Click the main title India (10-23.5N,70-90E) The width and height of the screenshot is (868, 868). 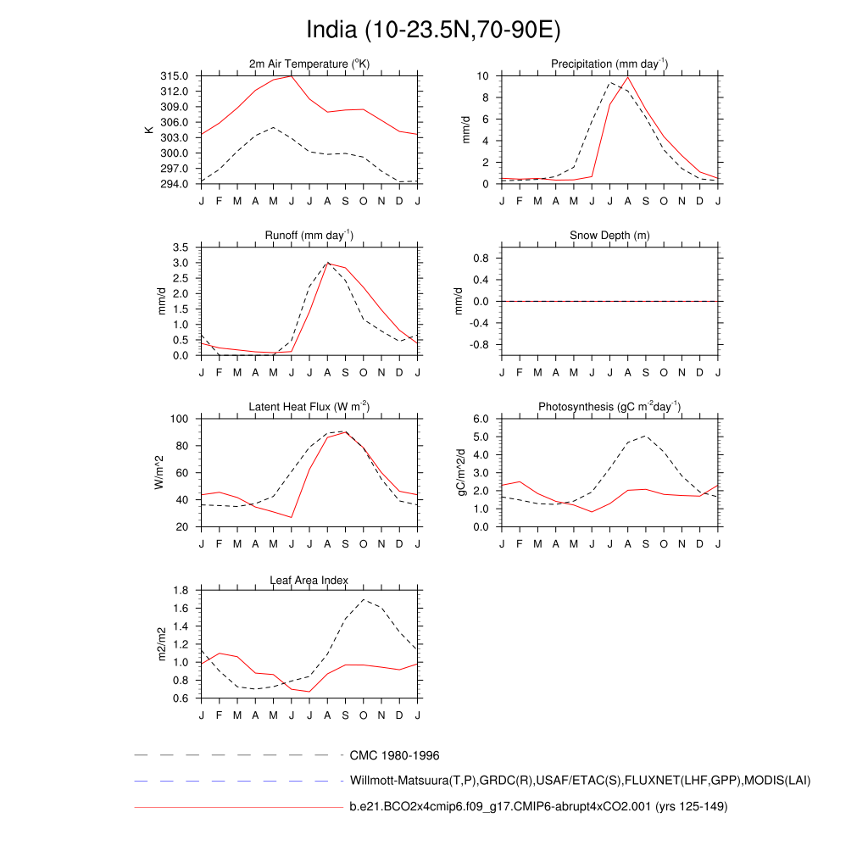pyautogui.click(x=433, y=31)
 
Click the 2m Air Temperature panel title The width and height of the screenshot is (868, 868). pyautogui.click(x=309, y=64)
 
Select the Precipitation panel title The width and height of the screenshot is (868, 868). pyautogui.click(x=609, y=64)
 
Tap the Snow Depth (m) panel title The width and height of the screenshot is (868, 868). pyautogui.click(x=609, y=235)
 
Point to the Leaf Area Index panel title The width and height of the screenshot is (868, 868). pyautogui.click(x=309, y=581)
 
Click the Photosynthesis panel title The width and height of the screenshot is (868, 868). pyautogui.click(x=609, y=407)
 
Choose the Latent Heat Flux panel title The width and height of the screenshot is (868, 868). pyautogui.click(x=309, y=407)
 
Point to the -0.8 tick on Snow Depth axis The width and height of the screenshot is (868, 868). pyautogui.click(x=481, y=345)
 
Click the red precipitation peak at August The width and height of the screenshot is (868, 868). pyautogui.click(x=628, y=77)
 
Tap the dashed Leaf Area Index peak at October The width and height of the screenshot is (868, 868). pyautogui.click(x=364, y=599)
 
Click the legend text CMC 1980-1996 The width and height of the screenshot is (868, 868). pyautogui.click(x=394, y=755)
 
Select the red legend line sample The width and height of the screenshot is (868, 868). pyautogui.click(x=237, y=807)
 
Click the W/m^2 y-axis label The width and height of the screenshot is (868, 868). pyautogui.click(x=158, y=472)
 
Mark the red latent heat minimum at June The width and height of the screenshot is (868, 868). pyautogui.click(x=292, y=517)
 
